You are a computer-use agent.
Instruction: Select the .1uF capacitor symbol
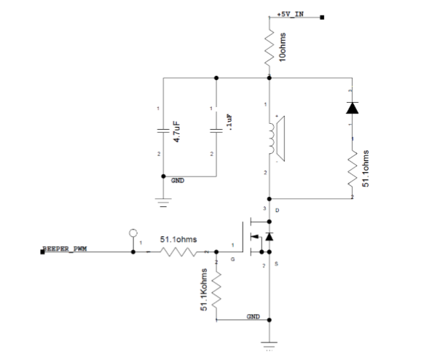tap(216, 131)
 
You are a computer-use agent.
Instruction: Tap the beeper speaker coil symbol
tap(273, 138)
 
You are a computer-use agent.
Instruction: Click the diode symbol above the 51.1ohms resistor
tap(353, 108)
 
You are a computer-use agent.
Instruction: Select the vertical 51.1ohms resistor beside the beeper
tap(353, 168)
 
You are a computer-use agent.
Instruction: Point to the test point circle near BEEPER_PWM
tap(133, 234)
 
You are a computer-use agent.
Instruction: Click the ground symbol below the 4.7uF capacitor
tap(162, 200)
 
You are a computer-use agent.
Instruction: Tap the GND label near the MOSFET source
tap(253, 316)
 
